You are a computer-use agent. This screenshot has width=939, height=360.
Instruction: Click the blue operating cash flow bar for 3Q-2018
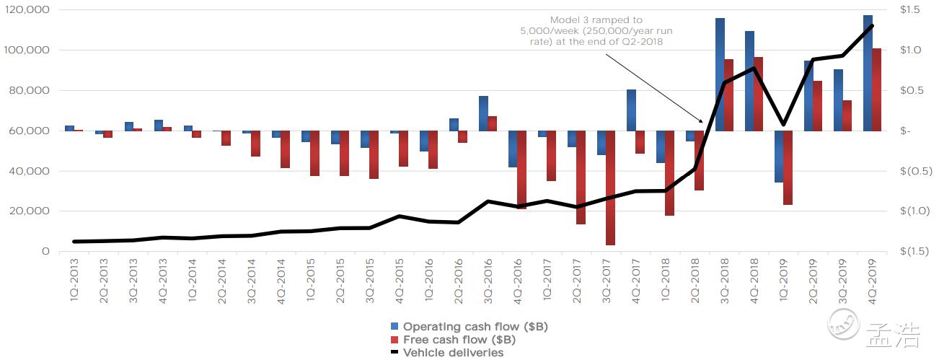pyautogui.click(x=720, y=74)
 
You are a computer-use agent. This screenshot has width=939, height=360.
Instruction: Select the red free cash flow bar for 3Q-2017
pyautogui.click(x=610, y=188)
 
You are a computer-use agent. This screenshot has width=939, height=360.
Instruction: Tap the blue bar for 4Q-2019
pyautogui.click(x=868, y=73)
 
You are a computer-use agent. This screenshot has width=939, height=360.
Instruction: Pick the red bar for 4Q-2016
pyautogui.click(x=521, y=170)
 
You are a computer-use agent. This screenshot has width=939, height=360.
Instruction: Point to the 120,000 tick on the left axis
pyautogui.click(x=25, y=10)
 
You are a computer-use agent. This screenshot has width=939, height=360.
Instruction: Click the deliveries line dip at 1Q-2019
pyautogui.click(x=783, y=125)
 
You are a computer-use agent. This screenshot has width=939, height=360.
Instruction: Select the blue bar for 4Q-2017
pyautogui.click(x=631, y=110)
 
